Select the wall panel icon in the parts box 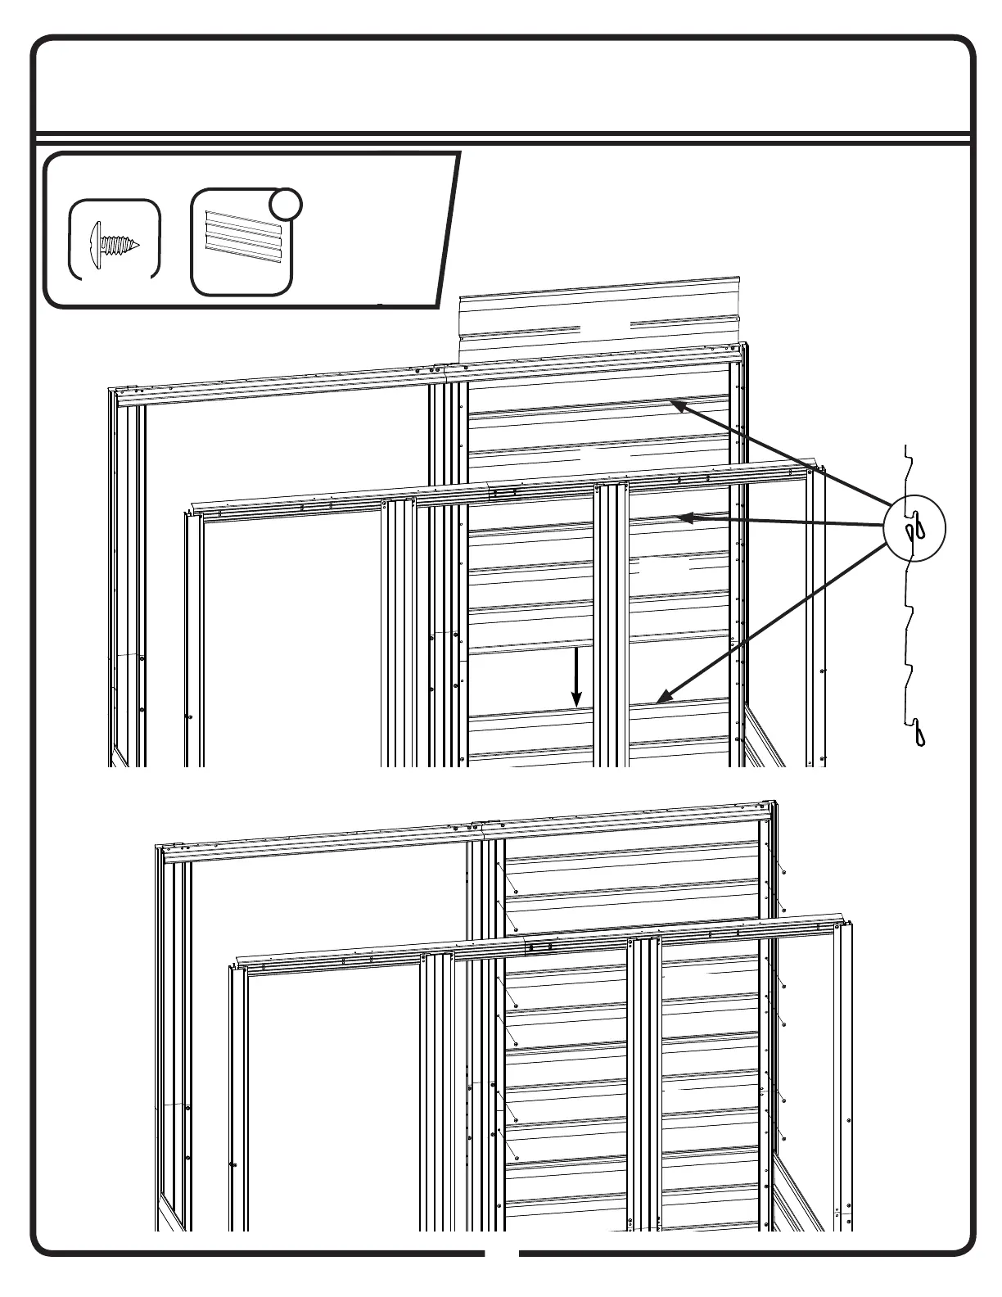[x=243, y=243]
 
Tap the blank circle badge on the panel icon [x=286, y=206]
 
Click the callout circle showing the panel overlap [x=914, y=530]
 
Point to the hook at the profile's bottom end [x=923, y=732]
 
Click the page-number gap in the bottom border [x=501, y=1276]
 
